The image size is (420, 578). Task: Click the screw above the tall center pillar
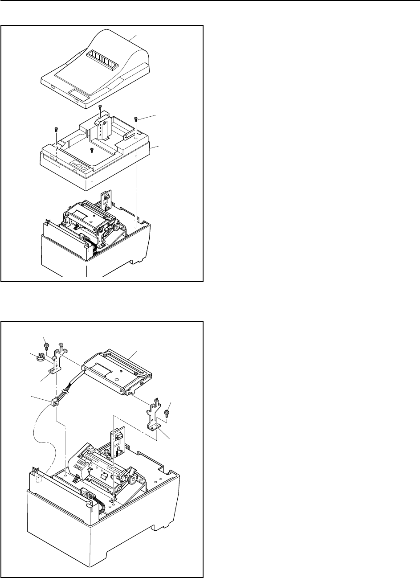click(100, 107)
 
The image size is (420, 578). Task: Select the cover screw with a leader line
click(136, 119)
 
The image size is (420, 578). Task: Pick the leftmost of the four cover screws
click(56, 129)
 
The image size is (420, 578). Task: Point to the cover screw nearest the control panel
click(91, 150)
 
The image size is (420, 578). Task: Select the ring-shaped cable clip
click(39, 357)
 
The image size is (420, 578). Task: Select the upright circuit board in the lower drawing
click(120, 441)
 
